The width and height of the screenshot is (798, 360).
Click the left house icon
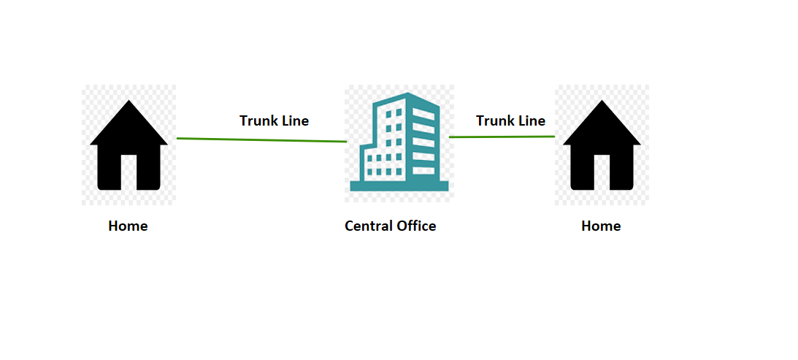coord(128,146)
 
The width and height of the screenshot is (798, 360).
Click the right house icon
coord(602,146)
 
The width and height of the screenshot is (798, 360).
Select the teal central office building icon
coord(398,142)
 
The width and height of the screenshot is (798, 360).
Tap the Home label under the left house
coord(128,226)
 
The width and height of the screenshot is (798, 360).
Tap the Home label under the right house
coord(601,226)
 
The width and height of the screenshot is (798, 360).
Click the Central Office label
coord(390,226)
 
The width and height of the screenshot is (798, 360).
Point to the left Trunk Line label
coord(274,120)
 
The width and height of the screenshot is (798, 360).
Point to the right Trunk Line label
coord(510,120)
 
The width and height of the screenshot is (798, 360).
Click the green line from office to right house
coord(502,137)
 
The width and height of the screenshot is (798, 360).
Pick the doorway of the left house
coord(128,172)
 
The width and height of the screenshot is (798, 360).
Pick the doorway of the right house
coord(602,172)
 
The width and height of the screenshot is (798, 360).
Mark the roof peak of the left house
coord(128,103)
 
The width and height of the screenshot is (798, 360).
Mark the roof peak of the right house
coord(602,103)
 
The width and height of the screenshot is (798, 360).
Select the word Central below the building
coord(369,226)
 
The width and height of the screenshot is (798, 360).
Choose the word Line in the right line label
coord(531,120)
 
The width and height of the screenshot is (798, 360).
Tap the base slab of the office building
coord(398,185)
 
